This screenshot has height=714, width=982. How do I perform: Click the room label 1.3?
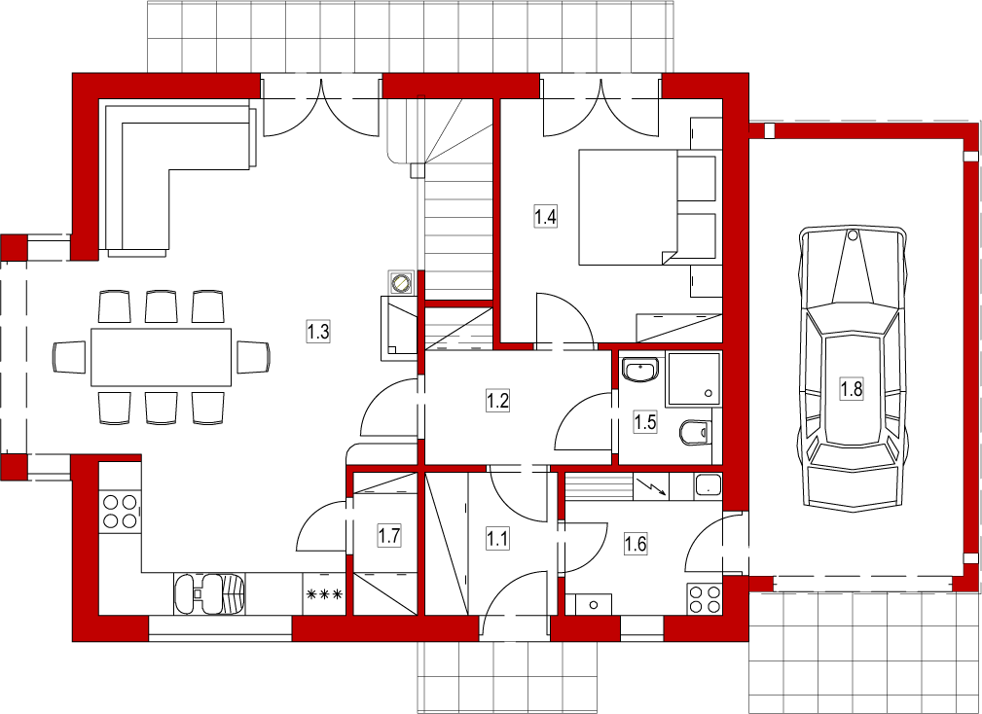318,331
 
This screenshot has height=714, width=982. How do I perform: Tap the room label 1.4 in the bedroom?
545,217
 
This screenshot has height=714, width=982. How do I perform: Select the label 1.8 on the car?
852,389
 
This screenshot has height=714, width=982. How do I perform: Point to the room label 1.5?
644,422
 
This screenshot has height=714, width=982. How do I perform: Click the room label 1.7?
389,536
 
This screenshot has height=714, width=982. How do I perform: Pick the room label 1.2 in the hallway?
497,400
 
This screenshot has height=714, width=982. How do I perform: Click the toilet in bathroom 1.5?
695,432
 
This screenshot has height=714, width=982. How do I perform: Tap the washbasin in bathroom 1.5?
640,370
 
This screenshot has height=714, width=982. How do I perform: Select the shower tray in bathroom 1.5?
695,379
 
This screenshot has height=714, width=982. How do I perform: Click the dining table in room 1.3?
161,357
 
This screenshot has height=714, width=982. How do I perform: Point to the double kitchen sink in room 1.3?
209,593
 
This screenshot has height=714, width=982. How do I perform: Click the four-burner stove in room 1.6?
704,598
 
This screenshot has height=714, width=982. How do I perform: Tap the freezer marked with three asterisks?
324,593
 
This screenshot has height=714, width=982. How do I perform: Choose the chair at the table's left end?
69,357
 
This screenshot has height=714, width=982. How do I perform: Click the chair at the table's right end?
253,357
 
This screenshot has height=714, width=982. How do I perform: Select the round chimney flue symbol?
400,283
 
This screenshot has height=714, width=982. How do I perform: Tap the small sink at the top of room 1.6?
708,486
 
